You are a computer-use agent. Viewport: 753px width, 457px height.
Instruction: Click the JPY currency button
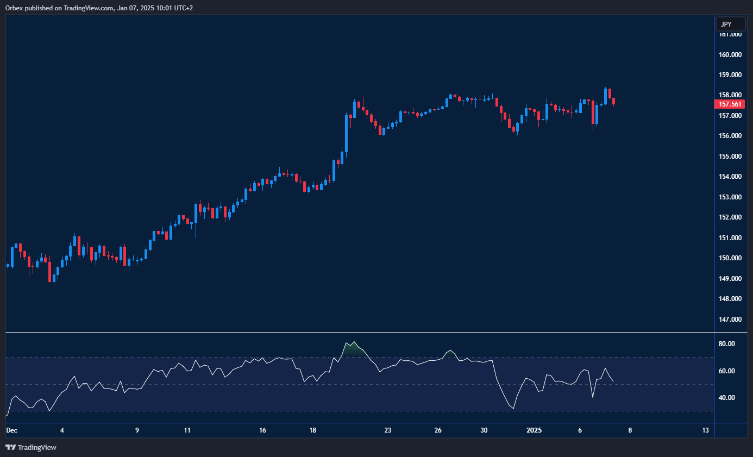click(727, 24)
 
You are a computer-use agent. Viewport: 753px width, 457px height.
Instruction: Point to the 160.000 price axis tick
click(730, 55)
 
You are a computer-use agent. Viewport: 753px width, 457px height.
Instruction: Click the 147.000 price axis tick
click(730, 320)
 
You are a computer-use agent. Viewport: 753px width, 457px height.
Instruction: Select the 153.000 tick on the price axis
click(730, 197)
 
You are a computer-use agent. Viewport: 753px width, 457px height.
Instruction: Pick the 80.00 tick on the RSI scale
click(726, 344)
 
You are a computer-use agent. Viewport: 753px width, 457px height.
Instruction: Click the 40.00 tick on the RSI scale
click(726, 398)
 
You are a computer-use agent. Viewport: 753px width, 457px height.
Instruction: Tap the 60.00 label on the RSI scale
click(726, 371)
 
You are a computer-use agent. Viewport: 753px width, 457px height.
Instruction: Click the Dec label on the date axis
click(11, 430)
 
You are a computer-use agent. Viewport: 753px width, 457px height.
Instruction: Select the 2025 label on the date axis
click(534, 430)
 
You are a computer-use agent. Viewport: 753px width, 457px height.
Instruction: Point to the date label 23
click(387, 430)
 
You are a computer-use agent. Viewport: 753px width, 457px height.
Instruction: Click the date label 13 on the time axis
click(705, 430)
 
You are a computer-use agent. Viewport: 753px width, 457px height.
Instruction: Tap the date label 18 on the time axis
click(312, 430)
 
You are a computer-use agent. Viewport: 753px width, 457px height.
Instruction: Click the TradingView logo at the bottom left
click(31, 448)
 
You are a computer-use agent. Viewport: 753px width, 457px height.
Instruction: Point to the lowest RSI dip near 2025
click(513, 408)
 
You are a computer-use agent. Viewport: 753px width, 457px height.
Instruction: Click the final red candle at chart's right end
click(613, 101)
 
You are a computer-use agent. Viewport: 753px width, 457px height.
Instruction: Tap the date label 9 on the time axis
click(137, 430)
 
